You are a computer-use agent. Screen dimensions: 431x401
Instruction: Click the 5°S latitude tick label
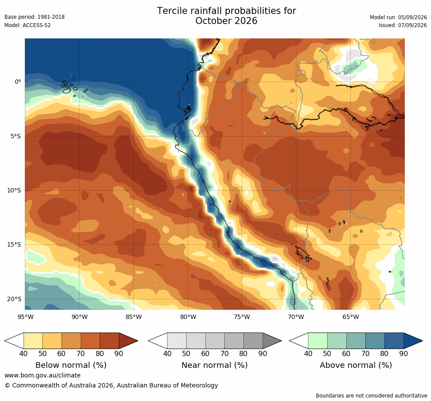coord(16,137)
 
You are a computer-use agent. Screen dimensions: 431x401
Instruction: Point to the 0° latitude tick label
coord(18,82)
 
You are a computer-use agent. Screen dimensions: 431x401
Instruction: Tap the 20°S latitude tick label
coord(14,299)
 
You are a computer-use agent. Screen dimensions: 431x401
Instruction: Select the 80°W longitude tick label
coord(188,317)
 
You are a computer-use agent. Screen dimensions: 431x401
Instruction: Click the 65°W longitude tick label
coord(351,317)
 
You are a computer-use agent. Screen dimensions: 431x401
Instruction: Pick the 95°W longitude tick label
coord(26,317)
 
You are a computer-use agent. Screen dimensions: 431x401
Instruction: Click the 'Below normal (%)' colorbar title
coord(71,365)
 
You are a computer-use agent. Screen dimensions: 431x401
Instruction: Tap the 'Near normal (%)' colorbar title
coord(215,365)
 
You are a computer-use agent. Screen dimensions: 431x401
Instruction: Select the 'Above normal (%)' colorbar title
coord(356,365)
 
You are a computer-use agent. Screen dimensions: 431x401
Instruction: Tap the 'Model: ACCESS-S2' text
coord(27,25)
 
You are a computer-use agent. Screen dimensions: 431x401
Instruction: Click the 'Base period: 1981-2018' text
coord(34,17)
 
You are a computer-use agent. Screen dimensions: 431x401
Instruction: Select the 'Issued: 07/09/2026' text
coord(403,25)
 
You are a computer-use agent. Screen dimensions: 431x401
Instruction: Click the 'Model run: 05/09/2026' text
coord(398,17)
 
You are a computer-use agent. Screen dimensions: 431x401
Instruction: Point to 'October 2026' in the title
coord(226,21)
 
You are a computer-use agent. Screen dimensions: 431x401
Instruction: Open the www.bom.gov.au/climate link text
coord(42,375)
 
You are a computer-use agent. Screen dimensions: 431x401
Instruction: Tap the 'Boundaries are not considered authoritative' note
coord(371,396)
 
